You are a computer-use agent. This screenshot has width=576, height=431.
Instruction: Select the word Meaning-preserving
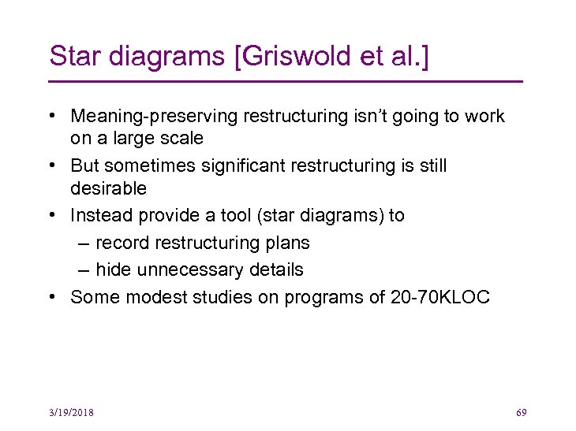(154, 117)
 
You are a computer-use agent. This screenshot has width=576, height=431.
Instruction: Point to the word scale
(181, 139)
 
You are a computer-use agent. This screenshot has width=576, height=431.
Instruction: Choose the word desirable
(108, 189)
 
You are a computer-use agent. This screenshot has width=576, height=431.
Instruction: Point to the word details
(274, 269)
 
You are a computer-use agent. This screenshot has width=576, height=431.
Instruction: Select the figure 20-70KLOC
(440, 297)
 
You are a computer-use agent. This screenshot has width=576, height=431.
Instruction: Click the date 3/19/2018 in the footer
(70, 412)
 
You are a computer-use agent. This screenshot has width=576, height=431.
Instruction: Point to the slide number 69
(521, 412)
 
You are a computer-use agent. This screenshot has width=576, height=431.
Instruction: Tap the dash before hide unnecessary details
(84, 269)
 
